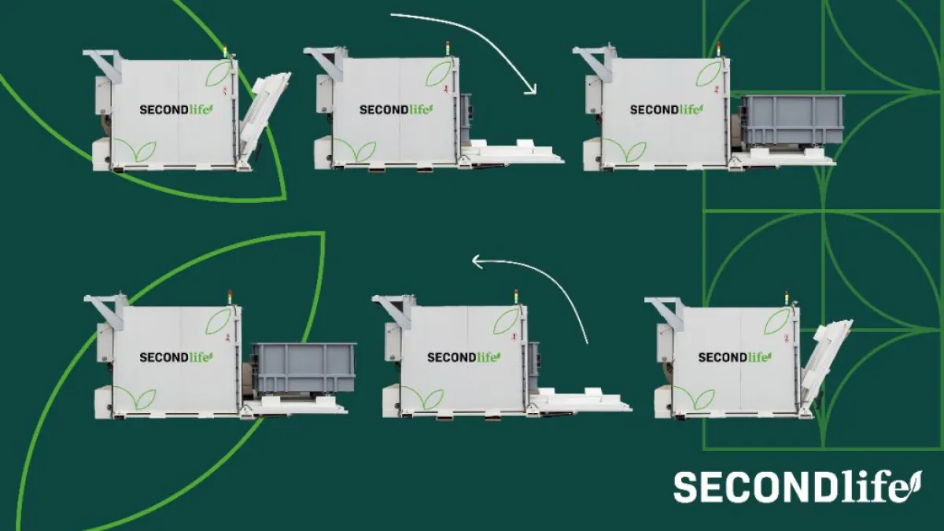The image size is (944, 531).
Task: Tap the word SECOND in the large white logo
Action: click(751, 487)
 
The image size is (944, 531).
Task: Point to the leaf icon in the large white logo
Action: click(914, 481)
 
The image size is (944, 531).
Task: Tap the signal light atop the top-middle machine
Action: click(448, 47)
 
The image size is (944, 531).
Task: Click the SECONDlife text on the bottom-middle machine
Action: click(463, 357)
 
